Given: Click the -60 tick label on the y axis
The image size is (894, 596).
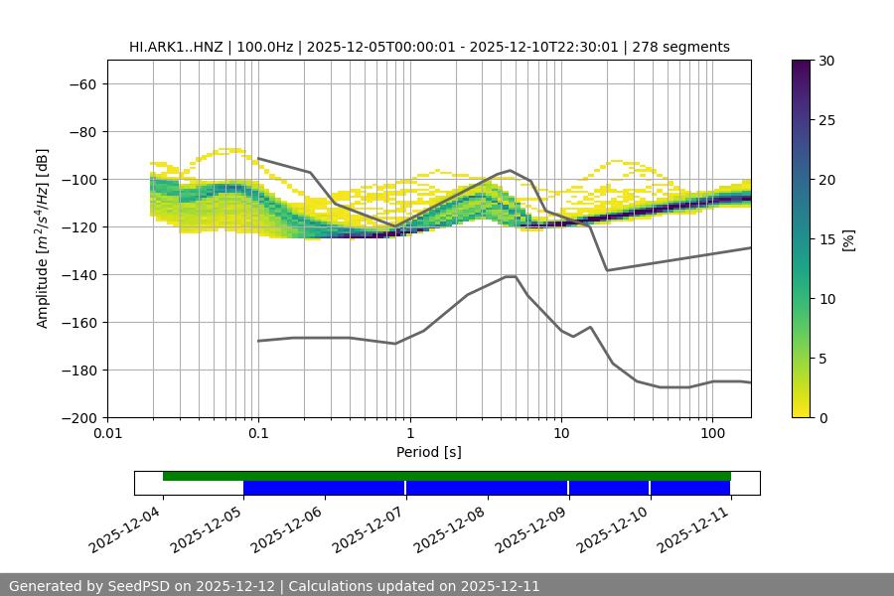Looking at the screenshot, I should click(82, 83).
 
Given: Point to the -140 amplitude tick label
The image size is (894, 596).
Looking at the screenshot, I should click(78, 274).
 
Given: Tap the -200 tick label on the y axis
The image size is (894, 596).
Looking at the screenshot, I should click(78, 417).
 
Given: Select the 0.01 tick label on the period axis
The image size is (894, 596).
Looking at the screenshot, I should click(107, 434).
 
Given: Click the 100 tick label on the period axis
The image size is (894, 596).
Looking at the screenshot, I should click(712, 434).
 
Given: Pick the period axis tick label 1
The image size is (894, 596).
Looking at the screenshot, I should click(409, 434).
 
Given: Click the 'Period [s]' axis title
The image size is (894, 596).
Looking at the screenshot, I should click(429, 452).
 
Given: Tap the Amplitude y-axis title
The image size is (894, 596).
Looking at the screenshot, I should click(43, 238).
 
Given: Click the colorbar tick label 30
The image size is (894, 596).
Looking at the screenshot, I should click(826, 61).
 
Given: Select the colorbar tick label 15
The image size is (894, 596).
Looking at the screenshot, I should click(826, 238).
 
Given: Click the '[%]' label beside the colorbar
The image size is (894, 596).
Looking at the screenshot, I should click(847, 238).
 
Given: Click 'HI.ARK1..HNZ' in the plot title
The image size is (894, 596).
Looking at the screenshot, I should click(175, 47).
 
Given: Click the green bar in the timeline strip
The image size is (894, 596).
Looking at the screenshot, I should click(447, 476).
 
